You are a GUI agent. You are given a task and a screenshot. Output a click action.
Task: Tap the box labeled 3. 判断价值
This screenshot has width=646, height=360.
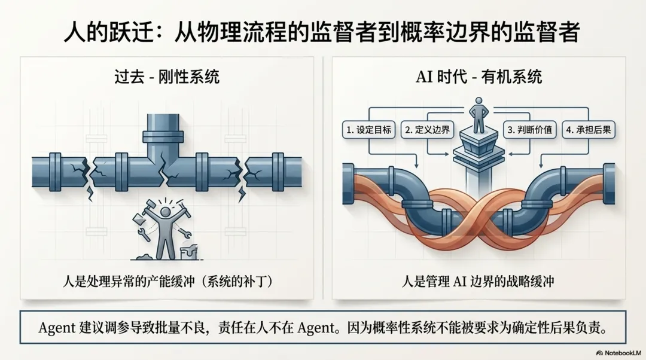pos(529,129)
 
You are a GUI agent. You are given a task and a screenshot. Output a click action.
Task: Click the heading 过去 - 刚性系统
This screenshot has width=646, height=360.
pos(167,78)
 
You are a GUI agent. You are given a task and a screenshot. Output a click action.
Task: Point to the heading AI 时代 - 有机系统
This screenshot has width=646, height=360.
pos(479,78)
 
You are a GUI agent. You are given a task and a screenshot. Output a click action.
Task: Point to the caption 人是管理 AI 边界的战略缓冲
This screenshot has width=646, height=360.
pos(479,282)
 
